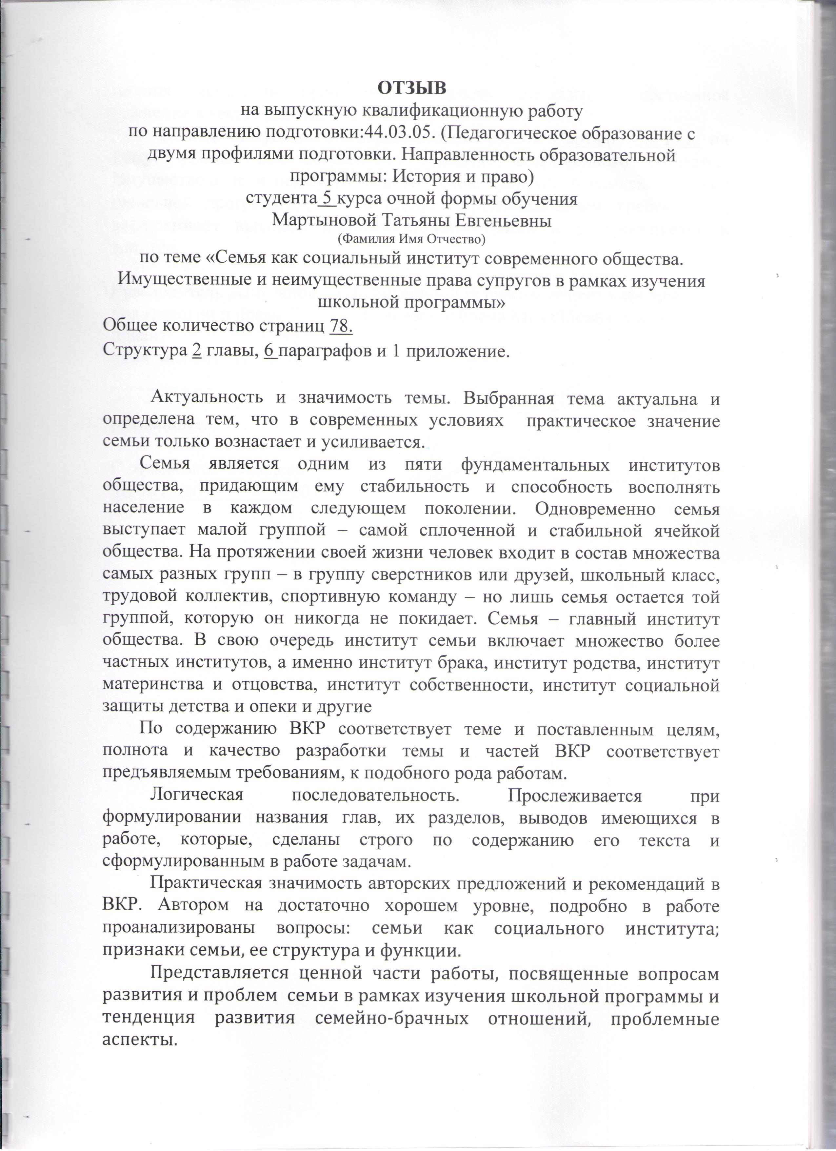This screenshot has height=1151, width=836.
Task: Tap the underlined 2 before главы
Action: click(197, 351)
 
